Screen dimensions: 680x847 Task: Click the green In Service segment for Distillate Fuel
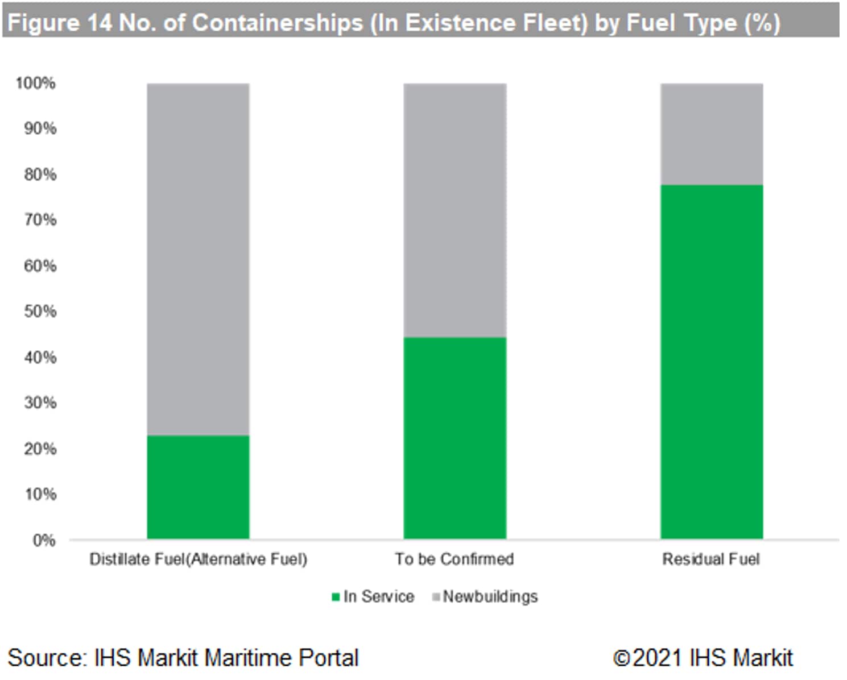pos(198,487)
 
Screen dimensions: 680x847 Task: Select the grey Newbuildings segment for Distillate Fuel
pos(198,259)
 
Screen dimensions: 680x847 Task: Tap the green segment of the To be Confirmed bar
pos(455,438)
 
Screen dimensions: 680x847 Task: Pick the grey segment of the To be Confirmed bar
pos(455,210)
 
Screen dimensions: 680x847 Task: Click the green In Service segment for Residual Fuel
pos(711,362)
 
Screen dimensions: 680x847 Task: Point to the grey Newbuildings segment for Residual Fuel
pos(711,134)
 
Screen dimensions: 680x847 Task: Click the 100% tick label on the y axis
pos(36,84)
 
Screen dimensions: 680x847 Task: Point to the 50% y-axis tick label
pos(40,312)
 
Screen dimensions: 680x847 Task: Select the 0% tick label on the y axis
pos(44,540)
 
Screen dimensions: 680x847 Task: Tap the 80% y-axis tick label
pos(40,175)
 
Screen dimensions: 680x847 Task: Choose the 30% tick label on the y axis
pos(40,403)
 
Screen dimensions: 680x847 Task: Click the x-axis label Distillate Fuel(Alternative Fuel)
pos(198,559)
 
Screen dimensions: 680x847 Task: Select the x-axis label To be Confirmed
pos(454,559)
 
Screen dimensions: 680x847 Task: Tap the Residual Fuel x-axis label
pos(710,559)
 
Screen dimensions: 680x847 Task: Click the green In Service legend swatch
pos(336,597)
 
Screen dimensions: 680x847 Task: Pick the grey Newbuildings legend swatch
pos(436,597)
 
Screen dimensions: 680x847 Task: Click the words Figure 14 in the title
pos(59,23)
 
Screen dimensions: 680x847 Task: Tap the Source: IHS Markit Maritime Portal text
pos(183,658)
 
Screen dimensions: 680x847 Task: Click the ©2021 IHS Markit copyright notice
pos(703,658)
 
